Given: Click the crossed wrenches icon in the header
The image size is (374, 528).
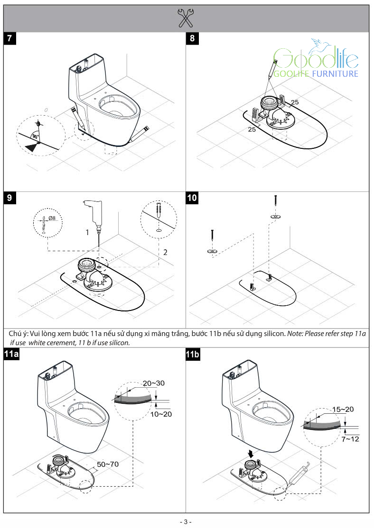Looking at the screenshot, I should point(186,18).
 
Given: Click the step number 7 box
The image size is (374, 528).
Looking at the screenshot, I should point(10,39).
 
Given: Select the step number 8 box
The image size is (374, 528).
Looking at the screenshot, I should point(192,39).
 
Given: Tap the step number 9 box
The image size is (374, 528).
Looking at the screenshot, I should point(10,198).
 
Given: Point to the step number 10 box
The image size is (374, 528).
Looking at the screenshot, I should point(192,198).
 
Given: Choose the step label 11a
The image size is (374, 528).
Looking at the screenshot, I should point(12,354).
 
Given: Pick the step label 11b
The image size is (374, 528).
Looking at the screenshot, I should point(194,354).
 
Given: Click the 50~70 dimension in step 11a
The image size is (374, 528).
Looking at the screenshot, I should point(108,464).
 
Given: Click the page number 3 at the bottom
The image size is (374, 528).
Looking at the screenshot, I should point(187,521).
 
